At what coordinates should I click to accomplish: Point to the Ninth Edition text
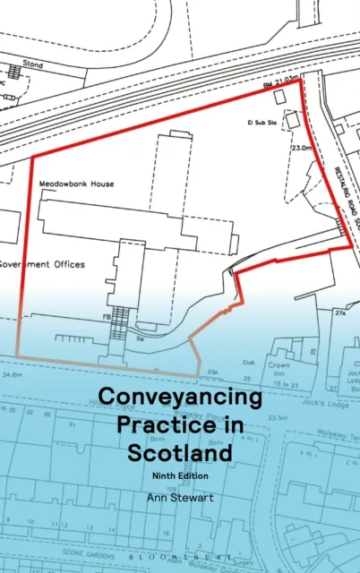[x=181, y=476]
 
